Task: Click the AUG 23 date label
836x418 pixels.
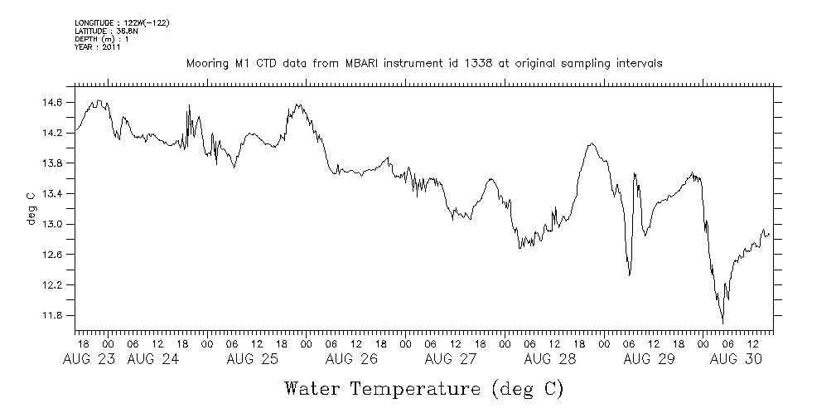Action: pos(85,360)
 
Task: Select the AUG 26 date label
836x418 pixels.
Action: pos(350,360)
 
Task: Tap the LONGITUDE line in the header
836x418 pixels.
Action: pos(122,22)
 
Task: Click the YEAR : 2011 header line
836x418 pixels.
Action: pos(98,47)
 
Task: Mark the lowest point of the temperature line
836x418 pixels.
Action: pos(722,322)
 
